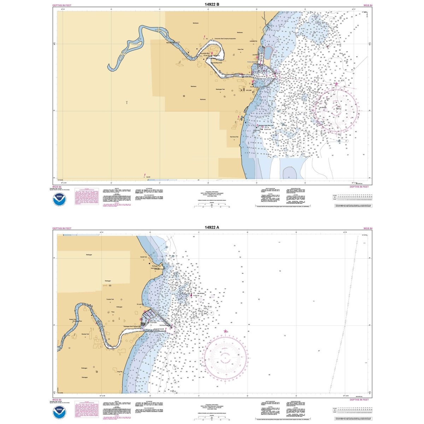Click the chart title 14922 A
(212, 228)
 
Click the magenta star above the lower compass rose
(225, 331)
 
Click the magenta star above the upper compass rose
(336, 84)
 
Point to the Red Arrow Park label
(234, 137)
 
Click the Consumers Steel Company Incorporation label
(224, 39)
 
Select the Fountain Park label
(110, 299)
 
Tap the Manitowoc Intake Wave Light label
(266, 125)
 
